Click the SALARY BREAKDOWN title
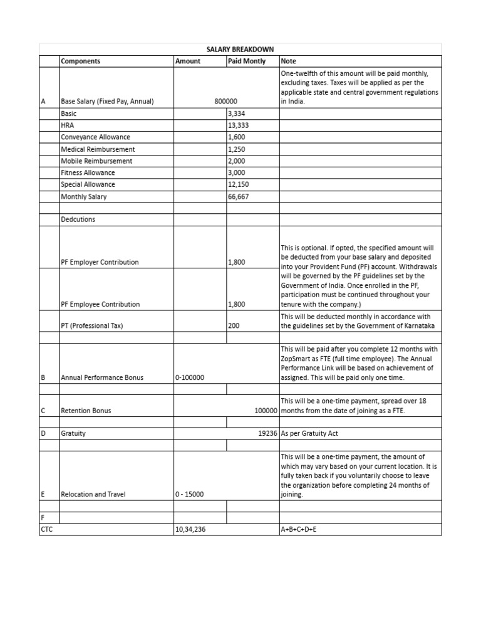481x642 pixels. (240, 50)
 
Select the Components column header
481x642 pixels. (80, 61)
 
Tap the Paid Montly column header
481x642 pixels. (247, 61)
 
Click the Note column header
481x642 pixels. (289, 61)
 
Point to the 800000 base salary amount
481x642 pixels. (225, 102)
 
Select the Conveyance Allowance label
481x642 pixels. (95, 137)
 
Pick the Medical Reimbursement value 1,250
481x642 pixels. (237, 149)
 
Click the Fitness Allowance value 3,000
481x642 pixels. (237, 173)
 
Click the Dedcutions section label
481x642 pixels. (78, 220)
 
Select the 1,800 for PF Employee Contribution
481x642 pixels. (237, 305)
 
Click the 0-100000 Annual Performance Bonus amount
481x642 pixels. (191, 378)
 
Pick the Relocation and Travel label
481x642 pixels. (93, 495)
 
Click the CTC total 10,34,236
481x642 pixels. (191, 530)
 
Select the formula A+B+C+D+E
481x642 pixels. (299, 530)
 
